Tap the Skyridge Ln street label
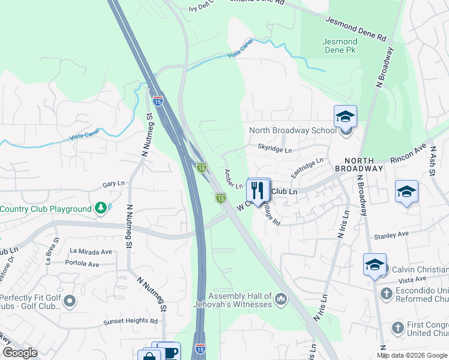[274, 149]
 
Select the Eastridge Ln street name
[307, 167]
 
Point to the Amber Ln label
[233, 178]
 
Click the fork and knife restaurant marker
[258, 190]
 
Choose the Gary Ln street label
[113, 184]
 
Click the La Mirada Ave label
[91, 251]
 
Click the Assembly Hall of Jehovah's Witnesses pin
[280, 298]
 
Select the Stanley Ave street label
[391, 235]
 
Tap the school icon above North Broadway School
[345, 116]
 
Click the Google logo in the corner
[20, 353]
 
